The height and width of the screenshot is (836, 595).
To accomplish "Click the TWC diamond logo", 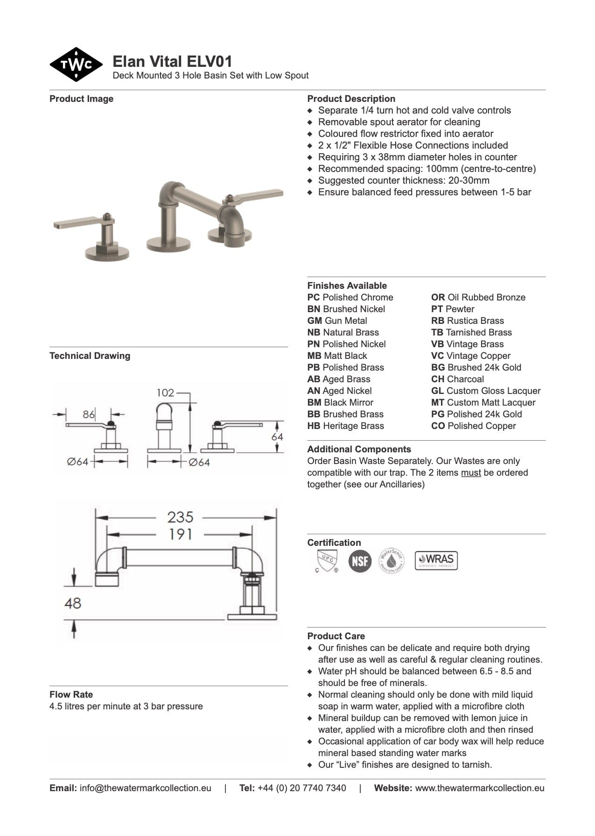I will coord(76,64).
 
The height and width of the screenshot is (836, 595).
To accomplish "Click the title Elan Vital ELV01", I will coord(172,62).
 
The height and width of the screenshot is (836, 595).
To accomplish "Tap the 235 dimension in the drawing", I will coord(180,517).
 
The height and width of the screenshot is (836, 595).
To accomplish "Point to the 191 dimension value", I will coord(180,534).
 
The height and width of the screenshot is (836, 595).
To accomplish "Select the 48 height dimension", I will coord(73,603).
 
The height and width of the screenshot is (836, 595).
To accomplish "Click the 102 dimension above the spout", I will coord(165,393).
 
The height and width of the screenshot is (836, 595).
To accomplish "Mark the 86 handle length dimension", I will coord(89,414).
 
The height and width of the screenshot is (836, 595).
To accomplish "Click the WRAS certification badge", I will coord(436,560).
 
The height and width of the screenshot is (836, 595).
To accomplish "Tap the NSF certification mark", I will coord(360,560).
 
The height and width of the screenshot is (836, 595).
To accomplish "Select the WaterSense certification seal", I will coord(391,560).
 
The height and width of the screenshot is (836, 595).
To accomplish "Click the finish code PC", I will coord(314,297).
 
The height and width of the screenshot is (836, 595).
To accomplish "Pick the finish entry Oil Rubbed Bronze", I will coord(478,297).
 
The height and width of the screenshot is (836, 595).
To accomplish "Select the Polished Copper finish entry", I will coord(474,426).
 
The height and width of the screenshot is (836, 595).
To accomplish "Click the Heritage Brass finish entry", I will coord(346,426).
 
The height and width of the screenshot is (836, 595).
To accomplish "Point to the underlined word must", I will coord(470,472).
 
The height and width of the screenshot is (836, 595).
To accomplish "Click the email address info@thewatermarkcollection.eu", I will coord(145,788).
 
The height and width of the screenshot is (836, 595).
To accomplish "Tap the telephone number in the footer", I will coord(302,788).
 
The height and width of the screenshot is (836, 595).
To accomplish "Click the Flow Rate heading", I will coord(71,694).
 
